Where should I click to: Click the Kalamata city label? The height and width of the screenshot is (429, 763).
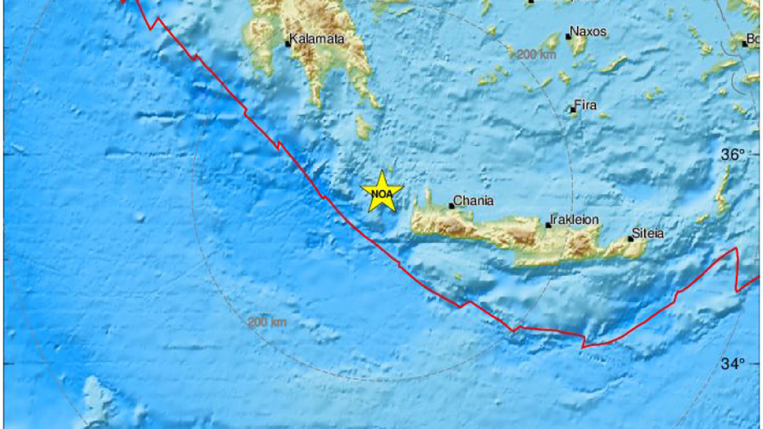point(317,39)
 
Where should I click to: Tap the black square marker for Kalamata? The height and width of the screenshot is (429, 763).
point(287,44)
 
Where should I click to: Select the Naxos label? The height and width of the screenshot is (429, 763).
point(589,31)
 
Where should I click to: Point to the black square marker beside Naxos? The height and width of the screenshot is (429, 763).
point(568,37)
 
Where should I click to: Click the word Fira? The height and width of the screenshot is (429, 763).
point(585,105)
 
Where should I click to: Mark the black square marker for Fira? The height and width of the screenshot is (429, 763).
point(573,110)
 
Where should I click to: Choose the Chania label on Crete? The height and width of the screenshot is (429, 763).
point(474,201)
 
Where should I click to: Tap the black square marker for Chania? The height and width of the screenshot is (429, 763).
point(451,206)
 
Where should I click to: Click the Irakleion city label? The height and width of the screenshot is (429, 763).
point(574,220)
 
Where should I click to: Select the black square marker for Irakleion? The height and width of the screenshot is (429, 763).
point(549,225)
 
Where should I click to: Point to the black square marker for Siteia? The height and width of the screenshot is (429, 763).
point(630,239)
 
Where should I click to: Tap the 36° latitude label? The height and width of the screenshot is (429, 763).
point(732,156)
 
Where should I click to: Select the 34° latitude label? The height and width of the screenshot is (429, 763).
point(732,364)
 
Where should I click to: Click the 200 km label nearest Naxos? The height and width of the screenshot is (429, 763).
point(536,55)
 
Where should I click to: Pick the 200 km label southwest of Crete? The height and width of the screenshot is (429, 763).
point(267,322)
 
